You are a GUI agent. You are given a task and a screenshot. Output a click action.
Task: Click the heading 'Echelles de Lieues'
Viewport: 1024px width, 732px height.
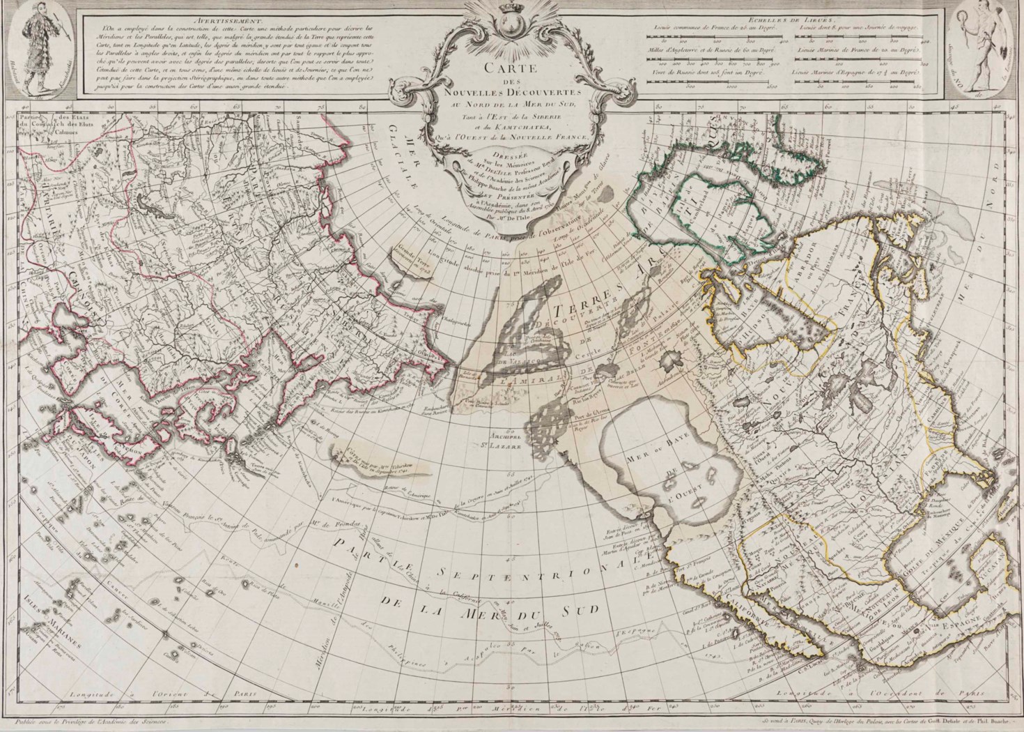pyautogui.click(x=796, y=21)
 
